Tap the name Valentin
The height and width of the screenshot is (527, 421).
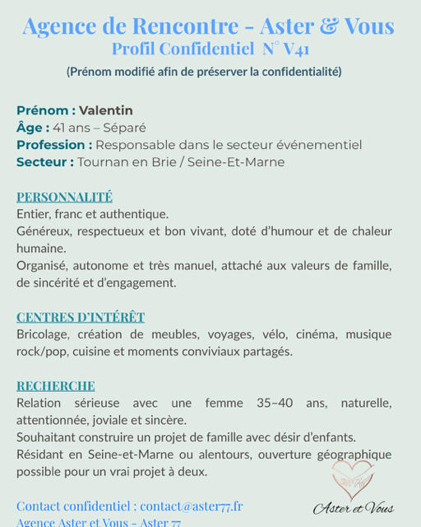click(106, 110)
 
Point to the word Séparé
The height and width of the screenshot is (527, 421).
click(125, 128)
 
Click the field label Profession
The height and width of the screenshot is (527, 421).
click(54, 145)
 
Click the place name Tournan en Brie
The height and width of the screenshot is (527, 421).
click(127, 162)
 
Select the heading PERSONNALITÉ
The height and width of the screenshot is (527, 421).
click(64, 198)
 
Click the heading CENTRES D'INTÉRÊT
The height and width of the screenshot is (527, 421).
click(81, 317)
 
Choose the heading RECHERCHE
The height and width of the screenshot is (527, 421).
click(56, 386)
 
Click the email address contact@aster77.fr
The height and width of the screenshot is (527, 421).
click(192, 506)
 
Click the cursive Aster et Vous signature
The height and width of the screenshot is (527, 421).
click(354, 509)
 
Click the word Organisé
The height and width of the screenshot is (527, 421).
click(43, 266)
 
